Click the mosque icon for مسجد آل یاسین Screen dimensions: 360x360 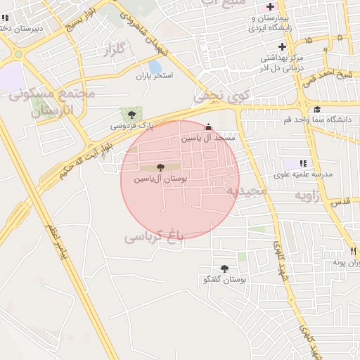pyautogui.click(x=207, y=127)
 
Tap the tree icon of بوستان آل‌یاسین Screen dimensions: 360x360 pyautogui.click(x=161, y=167)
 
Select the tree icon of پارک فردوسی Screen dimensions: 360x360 pyautogui.click(x=131, y=115)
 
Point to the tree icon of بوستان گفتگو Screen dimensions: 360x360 pyautogui.click(x=224, y=269)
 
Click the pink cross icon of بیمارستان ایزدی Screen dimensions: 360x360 pyautogui.click(x=271, y=7)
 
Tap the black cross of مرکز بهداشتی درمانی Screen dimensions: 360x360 pyautogui.click(x=281, y=46)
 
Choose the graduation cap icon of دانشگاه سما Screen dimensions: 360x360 pyautogui.click(x=317, y=109)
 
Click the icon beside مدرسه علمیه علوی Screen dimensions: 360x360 pyautogui.click(x=304, y=163)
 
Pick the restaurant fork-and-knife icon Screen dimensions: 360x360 pyautogui.click(x=353, y=251)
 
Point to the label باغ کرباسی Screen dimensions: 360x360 pyautogui.click(x=154, y=236)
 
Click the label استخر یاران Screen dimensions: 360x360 pyautogui.click(x=153, y=75)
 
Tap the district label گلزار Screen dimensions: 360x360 pyautogui.click(x=114, y=50)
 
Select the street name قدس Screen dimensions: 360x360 pyautogui.click(x=340, y=202)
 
